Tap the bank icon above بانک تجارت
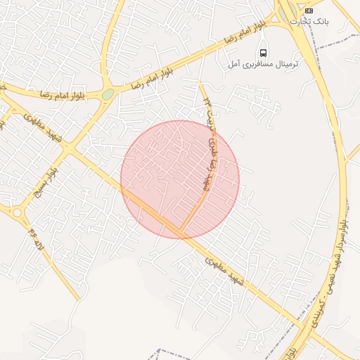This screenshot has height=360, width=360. click(309, 10)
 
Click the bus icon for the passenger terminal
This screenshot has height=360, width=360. click(263, 53)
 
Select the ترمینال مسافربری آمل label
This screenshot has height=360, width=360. click(263, 65)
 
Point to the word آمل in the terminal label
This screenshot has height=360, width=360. click(236, 65)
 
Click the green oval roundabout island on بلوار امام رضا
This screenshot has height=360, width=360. click(108, 94)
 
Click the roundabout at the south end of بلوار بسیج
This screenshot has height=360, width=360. click(15, 212)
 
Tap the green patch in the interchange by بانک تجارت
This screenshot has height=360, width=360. click(285, 12)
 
